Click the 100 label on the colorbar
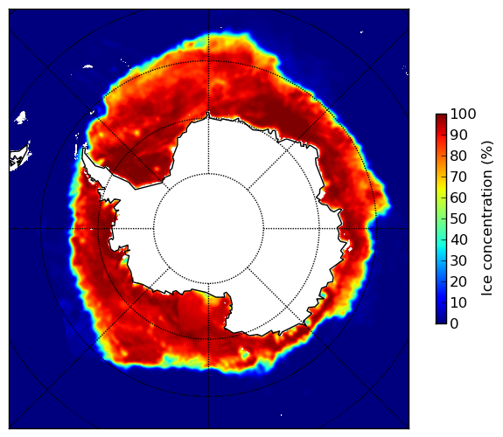point(463,114)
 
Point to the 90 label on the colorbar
point(458,135)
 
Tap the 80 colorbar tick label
point(458,156)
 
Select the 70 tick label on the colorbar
point(458,177)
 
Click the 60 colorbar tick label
point(458,198)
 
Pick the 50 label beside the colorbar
point(458,219)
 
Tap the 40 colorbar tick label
point(458,239)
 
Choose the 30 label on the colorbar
point(458,261)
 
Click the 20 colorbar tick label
point(458,281)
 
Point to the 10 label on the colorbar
point(458,302)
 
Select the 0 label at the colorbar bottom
point(454,324)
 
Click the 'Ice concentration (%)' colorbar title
point(487,218)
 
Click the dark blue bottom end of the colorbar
point(441,322)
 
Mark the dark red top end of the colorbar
point(441,117)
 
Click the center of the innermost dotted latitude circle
point(208,229)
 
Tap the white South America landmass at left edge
point(20,157)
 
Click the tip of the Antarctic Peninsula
point(84,149)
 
